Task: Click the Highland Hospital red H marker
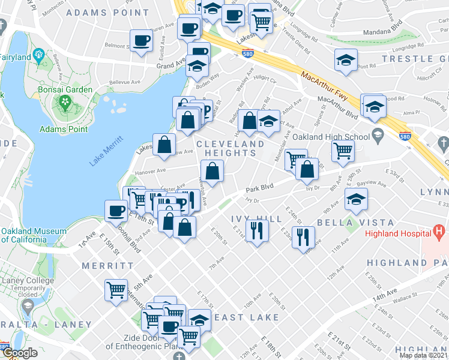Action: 439,230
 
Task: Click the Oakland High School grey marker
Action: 378,134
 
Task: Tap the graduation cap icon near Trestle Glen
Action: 345,60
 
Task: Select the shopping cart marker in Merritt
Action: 116,290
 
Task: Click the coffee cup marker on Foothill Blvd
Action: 116,211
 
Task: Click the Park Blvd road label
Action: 259,188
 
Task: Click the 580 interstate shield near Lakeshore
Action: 248,54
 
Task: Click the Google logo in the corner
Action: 19,352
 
